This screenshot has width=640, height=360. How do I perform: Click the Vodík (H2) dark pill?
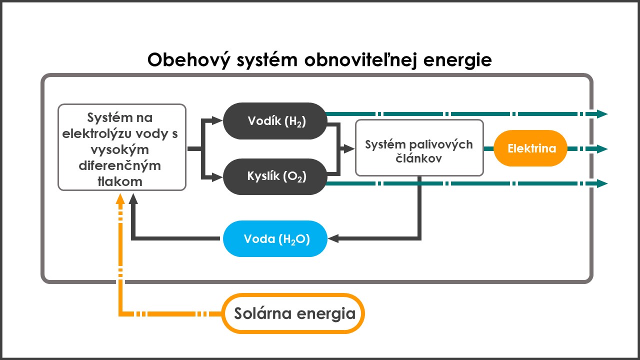click(275, 121)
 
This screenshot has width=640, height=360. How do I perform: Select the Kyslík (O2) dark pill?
click(275, 176)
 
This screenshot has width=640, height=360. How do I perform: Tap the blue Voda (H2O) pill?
click(275, 239)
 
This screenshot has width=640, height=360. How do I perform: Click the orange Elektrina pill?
click(530, 148)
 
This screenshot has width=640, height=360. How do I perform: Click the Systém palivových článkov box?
click(419, 148)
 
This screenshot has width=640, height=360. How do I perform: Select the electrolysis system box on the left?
click(122, 147)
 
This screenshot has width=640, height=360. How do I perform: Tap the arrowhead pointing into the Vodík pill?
click(217, 120)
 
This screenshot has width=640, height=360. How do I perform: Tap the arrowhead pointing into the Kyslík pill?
click(217, 176)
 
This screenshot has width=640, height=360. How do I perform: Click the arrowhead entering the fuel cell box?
click(349, 148)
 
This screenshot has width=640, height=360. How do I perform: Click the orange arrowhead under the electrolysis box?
click(119, 198)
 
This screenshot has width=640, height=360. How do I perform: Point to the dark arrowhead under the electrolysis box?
click(133, 198)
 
